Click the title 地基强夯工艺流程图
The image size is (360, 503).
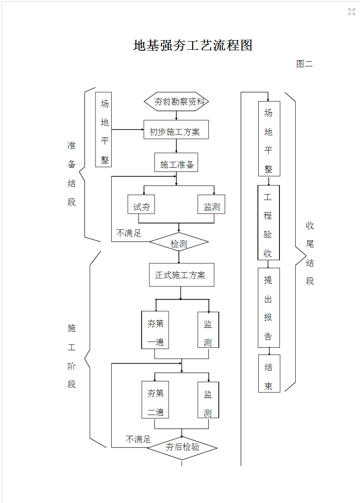point(193,45)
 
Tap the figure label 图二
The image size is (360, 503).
point(304,64)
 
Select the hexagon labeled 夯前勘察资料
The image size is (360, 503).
point(176,102)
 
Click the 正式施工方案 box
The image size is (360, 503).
point(181,275)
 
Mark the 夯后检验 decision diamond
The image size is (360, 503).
point(182,448)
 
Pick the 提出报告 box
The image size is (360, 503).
point(269,308)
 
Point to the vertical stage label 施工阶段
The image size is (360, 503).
point(72,356)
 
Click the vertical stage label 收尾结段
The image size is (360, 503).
point(310,253)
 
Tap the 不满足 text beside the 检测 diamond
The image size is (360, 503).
point(129,233)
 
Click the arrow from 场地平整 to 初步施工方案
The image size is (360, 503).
point(127,129)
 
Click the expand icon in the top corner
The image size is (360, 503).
point(352,12)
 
